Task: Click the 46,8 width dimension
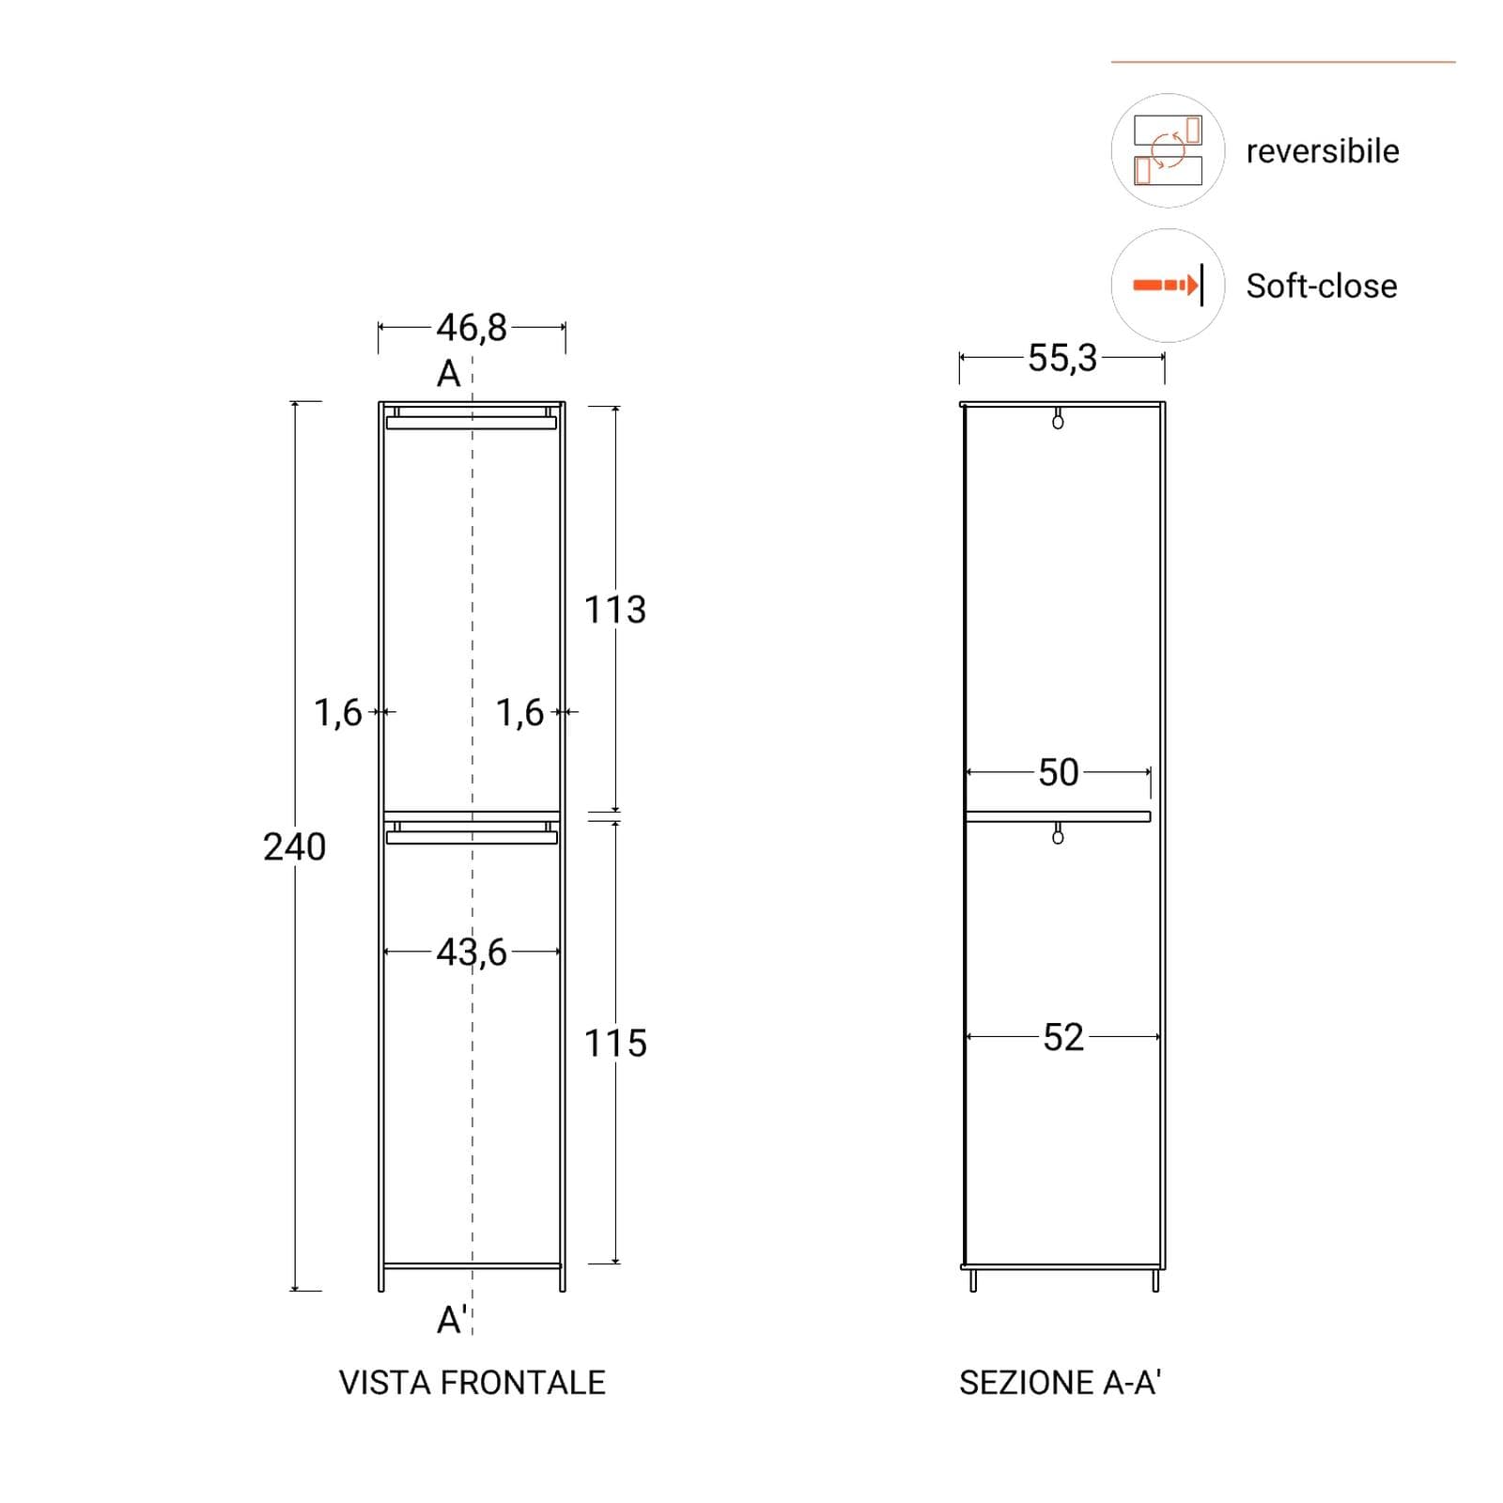click(472, 328)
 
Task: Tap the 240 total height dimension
click(295, 847)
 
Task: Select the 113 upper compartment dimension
click(615, 611)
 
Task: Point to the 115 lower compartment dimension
click(615, 1044)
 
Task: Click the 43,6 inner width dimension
click(472, 953)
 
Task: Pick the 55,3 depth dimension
click(1062, 358)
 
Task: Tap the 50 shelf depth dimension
click(1059, 773)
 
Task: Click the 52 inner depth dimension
click(1063, 1038)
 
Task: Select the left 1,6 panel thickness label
click(338, 713)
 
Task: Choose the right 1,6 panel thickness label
click(520, 713)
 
